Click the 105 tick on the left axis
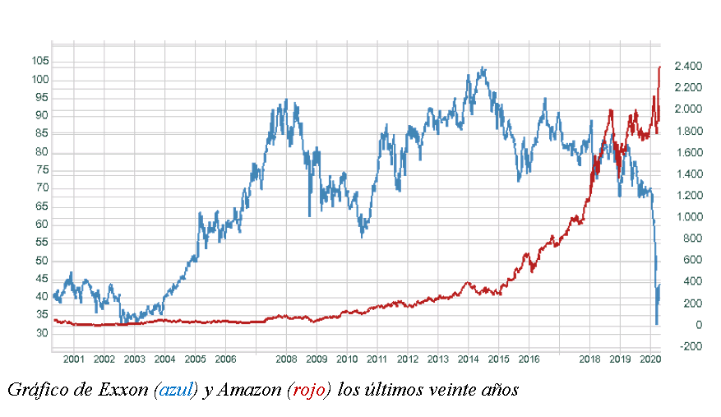(x=39, y=62)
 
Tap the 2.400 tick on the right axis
(x=687, y=66)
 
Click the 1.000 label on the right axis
(x=687, y=217)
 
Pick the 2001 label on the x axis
(x=74, y=359)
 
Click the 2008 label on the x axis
(x=286, y=359)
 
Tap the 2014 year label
(x=469, y=359)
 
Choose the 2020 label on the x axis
(x=650, y=359)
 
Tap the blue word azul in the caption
(x=175, y=390)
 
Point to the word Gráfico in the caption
(x=37, y=390)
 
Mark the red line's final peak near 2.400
(x=660, y=67)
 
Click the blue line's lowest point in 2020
(x=656, y=324)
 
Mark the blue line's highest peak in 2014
(x=483, y=68)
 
